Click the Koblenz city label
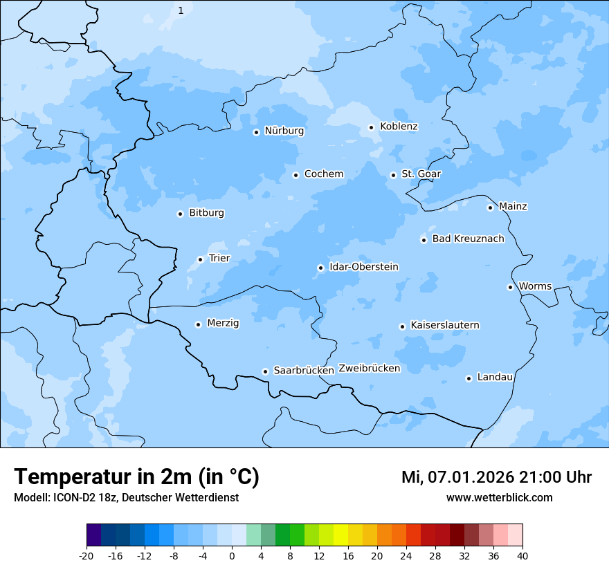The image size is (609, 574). [x=399, y=127]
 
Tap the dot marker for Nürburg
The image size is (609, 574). [x=256, y=132]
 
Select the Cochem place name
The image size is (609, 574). [x=323, y=174]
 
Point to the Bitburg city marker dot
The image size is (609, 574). [x=180, y=214]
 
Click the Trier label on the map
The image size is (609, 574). [x=219, y=259]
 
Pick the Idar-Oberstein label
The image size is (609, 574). [x=363, y=267]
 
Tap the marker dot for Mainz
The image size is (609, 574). [x=490, y=207]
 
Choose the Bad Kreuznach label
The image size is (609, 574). [x=468, y=239]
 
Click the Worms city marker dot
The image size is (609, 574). [x=510, y=287]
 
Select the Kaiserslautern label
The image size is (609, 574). [x=444, y=326]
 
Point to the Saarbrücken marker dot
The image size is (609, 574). [x=265, y=371]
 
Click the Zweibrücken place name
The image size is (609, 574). [x=369, y=369]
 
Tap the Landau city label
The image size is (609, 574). [x=495, y=378]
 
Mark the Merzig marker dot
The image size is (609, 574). [x=198, y=324]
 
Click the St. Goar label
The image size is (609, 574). [x=421, y=174]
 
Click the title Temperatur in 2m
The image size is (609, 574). [x=136, y=477]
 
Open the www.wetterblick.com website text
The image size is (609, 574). [x=499, y=498]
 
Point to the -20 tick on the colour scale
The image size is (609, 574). [x=87, y=556]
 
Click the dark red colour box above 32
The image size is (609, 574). [x=457, y=535]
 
